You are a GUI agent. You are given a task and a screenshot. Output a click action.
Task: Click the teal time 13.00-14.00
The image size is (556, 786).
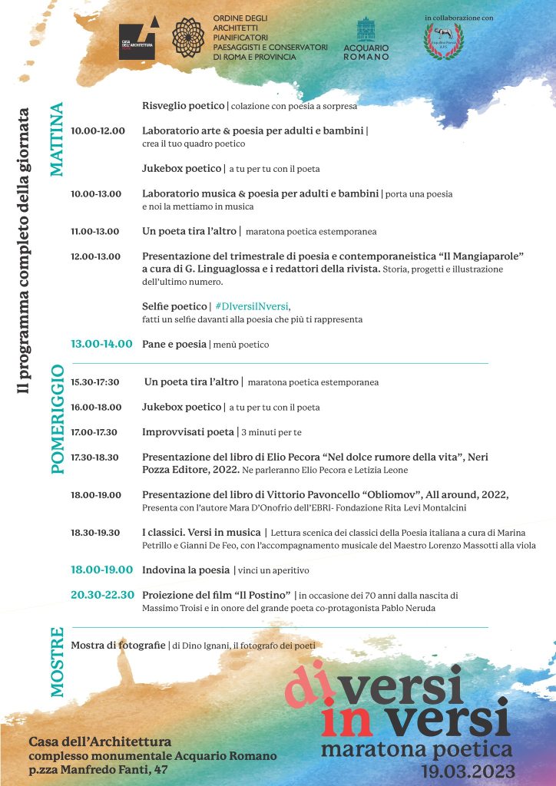point(101,344)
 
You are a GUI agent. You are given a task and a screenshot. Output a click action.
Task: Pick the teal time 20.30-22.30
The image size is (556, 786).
point(102,595)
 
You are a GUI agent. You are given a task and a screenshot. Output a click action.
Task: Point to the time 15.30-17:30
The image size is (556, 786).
point(96,381)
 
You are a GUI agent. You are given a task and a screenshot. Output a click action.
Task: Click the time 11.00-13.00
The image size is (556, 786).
point(95,230)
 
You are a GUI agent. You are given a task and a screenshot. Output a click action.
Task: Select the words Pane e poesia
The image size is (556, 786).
point(174,345)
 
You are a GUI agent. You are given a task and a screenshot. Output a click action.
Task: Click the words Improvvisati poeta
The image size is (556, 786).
point(188,432)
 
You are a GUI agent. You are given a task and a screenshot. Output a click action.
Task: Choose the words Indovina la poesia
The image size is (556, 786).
point(186,570)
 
